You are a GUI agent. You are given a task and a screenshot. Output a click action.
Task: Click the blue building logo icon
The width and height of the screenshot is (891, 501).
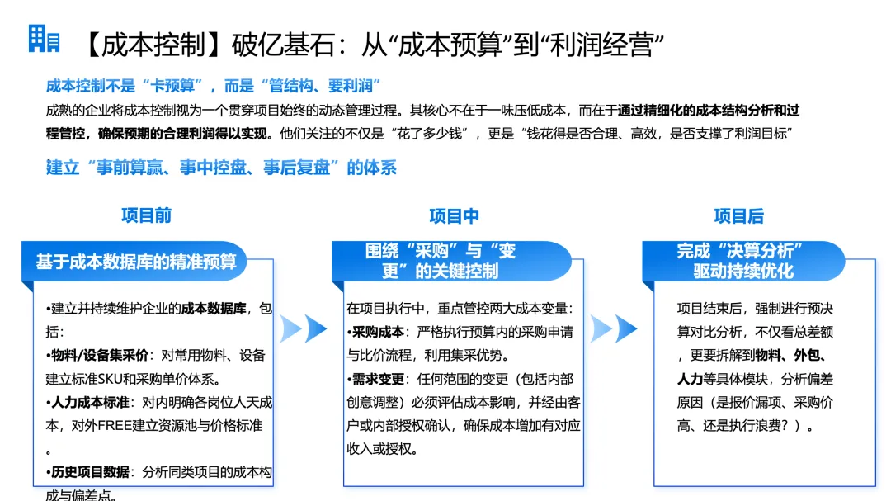44,39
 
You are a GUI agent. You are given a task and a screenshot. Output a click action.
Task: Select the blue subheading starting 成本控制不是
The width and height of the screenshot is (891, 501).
213,86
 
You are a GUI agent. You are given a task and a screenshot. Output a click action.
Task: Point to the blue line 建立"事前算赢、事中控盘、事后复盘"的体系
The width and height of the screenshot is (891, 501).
221,168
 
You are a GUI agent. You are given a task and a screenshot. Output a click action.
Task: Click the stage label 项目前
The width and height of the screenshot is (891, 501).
146,215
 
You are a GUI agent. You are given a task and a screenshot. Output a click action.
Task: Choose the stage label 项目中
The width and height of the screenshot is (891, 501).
454,216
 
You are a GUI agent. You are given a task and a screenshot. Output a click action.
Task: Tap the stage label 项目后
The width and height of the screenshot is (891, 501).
738,216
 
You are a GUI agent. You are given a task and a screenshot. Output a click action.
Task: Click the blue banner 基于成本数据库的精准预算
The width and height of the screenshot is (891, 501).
136,261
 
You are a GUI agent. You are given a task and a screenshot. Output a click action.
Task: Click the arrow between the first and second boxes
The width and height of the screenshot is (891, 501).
304,328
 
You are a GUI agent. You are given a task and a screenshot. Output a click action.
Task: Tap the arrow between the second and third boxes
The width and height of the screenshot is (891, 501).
614,328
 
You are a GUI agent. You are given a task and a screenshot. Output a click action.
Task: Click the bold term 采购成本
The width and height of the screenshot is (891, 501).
378,332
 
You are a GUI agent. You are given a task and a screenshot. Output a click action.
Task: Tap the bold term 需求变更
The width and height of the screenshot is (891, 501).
378,380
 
